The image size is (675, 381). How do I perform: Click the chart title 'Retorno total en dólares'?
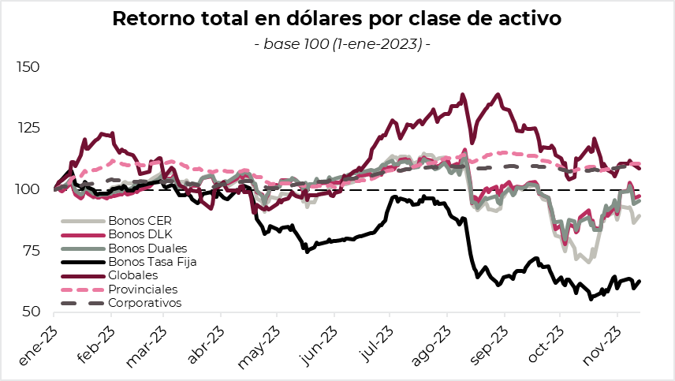[337, 19]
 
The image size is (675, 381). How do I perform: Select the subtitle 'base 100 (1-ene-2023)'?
[342, 43]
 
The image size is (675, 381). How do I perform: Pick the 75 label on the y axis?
[30, 251]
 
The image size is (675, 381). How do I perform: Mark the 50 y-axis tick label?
[30, 312]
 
